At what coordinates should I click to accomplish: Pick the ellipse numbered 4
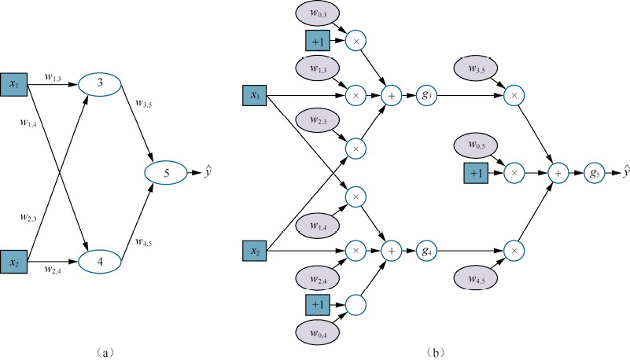tap(101, 259)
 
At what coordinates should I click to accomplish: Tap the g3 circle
tap(426, 96)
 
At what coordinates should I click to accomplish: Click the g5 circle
tap(595, 171)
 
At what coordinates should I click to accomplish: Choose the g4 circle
tap(426, 252)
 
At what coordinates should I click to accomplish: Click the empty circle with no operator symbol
tap(356, 304)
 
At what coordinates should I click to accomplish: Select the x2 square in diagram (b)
tap(255, 252)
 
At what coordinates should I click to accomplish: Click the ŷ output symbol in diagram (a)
tap(208, 171)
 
